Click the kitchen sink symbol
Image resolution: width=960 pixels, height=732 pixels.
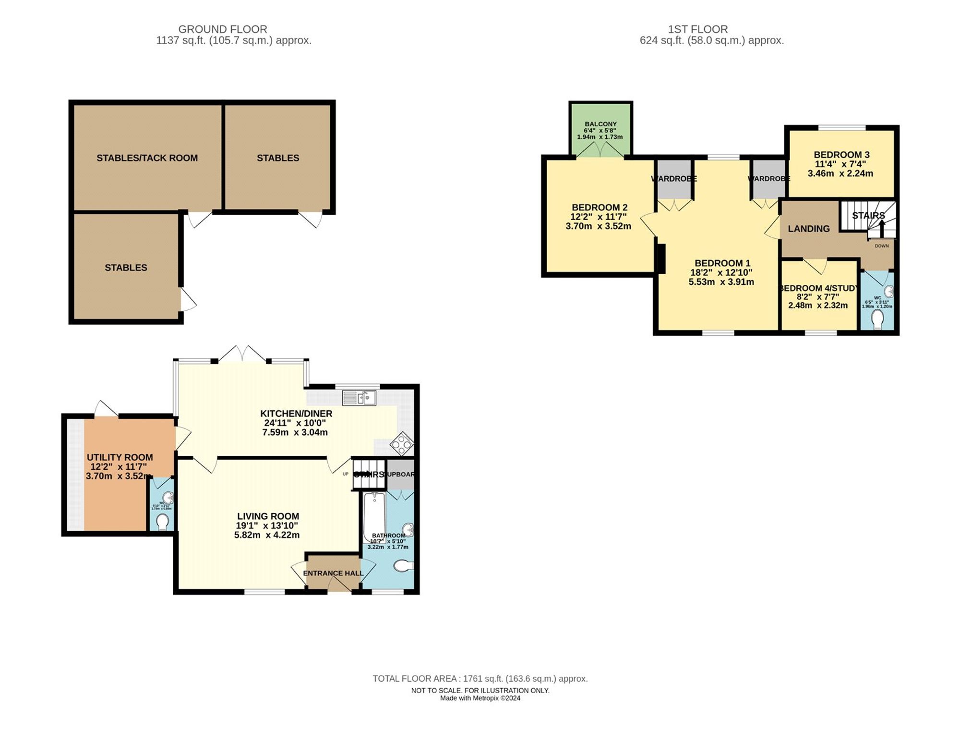[359, 398]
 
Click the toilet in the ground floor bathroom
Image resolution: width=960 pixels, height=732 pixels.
[403, 566]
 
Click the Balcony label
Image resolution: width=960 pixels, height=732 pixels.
[600, 124]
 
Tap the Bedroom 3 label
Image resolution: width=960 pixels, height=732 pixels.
[841, 155]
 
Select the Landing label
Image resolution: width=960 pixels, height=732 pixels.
[809, 229]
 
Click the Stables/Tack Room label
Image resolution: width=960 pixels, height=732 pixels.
[147, 158]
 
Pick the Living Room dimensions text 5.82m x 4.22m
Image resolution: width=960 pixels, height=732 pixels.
[267, 535]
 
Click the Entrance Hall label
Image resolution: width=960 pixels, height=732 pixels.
[333, 573]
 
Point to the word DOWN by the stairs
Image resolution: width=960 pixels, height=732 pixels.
[882, 246]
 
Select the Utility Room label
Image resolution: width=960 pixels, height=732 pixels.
[120, 457]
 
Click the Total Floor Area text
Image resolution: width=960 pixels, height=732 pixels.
[480, 679]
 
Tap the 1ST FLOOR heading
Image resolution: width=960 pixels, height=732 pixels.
[698, 29]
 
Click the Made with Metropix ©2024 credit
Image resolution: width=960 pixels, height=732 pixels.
[480, 698]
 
